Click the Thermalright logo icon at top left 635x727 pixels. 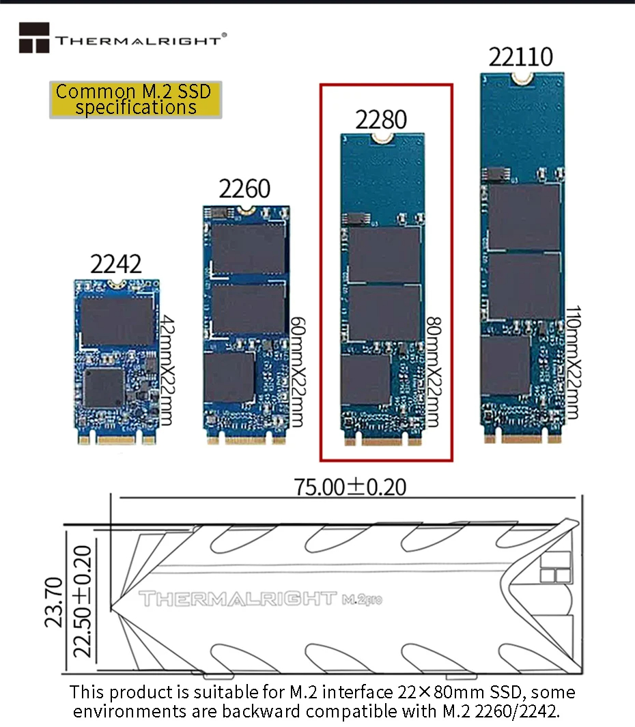(x=34, y=38)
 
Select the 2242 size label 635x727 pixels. (x=116, y=263)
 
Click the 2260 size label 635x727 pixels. (x=244, y=188)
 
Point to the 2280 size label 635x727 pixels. (x=381, y=119)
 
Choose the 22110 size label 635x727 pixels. (x=520, y=57)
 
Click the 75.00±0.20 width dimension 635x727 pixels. (x=350, y=487)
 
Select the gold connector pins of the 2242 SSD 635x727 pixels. (x=116, y=439)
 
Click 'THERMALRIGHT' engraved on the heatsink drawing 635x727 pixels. (x=238, y=599)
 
